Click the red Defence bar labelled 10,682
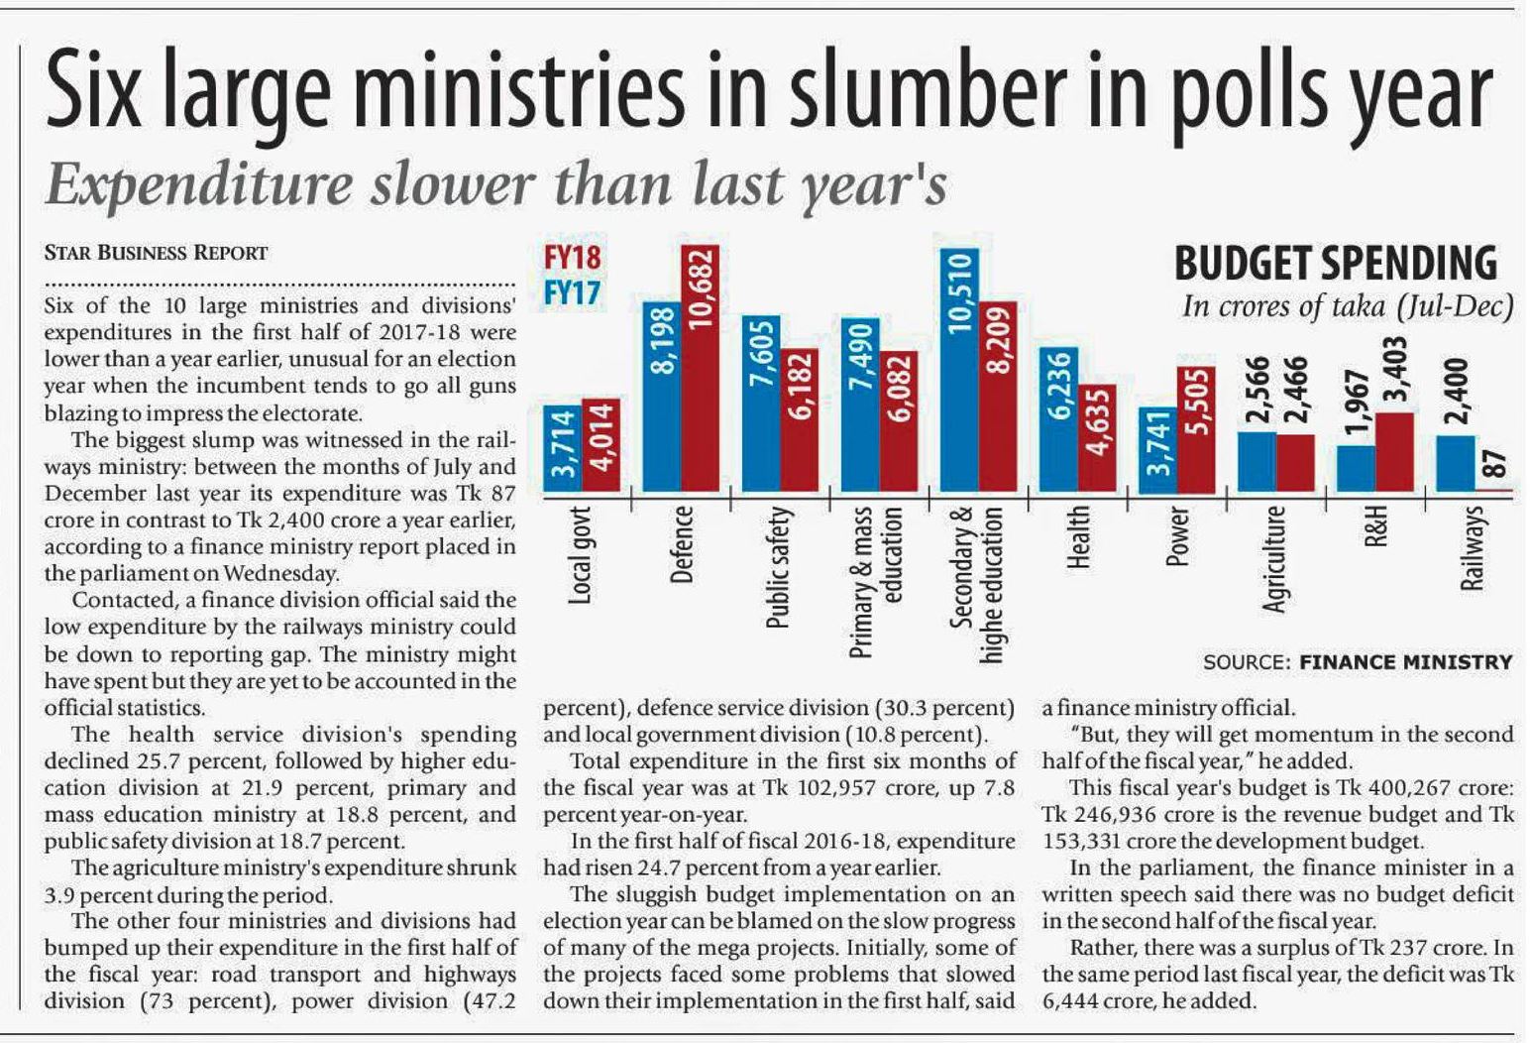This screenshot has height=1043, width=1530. [700, 368]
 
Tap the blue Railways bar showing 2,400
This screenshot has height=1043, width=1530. [1455, 463]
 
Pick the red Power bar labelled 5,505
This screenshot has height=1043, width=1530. [1196, 429]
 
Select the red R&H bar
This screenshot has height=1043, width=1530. [1394, 451]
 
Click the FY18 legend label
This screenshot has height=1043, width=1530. [572, 258]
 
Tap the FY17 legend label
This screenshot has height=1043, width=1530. [572, 294]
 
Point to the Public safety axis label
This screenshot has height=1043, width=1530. [780, 566]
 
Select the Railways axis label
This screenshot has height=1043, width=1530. [1474, 547]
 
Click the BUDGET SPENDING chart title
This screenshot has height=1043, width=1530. [1335, 264]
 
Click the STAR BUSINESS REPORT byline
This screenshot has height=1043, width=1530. [156, 253]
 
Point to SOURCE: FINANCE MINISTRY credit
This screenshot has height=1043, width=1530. [1358, 662]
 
